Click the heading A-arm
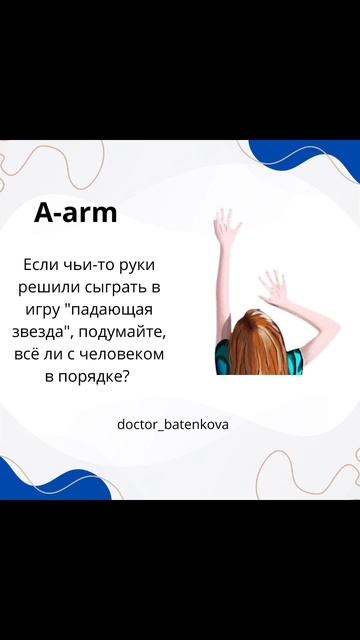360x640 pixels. click(76, 213)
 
